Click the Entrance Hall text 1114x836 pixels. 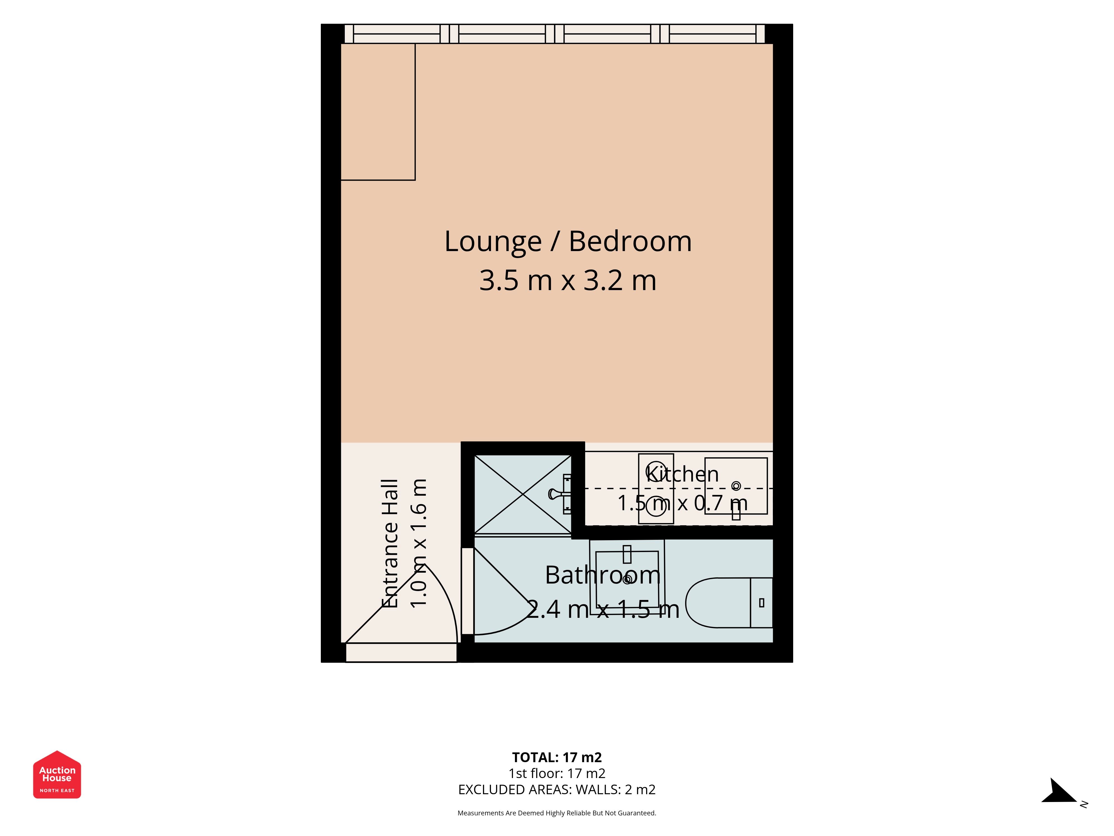pos(390,543)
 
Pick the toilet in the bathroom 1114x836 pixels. pos(729,603)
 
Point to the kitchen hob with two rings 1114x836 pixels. pos(656,488)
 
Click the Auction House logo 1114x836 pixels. pos(57,774)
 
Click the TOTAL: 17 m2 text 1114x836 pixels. pos(557,757)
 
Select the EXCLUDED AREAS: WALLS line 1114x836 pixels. pos(557,790)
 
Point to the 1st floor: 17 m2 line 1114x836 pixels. pos(557,774)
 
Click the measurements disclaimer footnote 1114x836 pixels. pos(557,813)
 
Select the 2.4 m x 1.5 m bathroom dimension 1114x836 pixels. pos(603,609)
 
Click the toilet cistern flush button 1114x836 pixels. pos(761,603)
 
